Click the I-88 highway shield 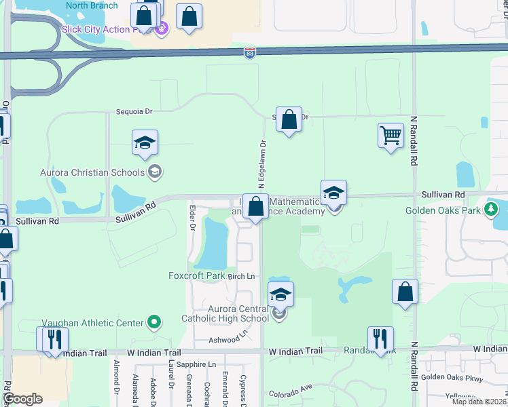250,52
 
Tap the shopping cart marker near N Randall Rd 391,136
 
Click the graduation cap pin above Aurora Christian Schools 145,142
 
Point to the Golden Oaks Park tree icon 492,210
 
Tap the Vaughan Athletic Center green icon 155,322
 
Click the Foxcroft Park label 196,275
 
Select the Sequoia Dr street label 134,111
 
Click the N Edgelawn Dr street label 260,165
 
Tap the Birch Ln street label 241,276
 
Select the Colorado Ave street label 289,391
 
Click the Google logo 22,398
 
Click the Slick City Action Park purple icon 162,29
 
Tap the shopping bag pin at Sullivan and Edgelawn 256,206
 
